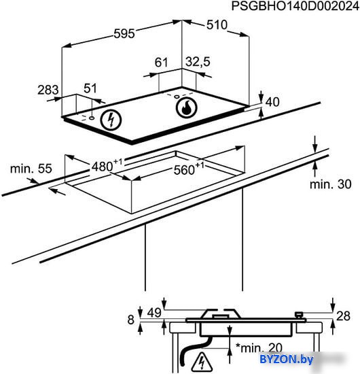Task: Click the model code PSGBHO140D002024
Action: click(x=295, y=6)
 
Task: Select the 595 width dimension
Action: click(x=124, y=33)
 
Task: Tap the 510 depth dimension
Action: click(x=217, y=24)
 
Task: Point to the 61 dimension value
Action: click(x=161, y=63)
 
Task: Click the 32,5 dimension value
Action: click(x=198, y=61)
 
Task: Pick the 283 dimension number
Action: click(x=48, y=90)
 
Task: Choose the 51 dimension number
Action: click(x=90, y=88)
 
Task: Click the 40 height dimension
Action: click(x=272, y=102)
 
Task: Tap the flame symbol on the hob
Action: click(x=186, y=107)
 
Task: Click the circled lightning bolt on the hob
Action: click(x=111, y=120)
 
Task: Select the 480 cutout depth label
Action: click(x=107, y=165)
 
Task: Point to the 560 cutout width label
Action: click(x=190, y=169)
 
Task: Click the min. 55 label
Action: click(x=31, y=169)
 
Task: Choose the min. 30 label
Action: click(x=331, y=184)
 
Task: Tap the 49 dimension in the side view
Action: click(x=154, y=313)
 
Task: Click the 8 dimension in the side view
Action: click(x=131, y=320)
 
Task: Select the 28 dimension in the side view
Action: click(x=343, y=316)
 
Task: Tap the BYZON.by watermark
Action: click(x=286, y=359)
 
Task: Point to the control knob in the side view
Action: click(x=300, y=315)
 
